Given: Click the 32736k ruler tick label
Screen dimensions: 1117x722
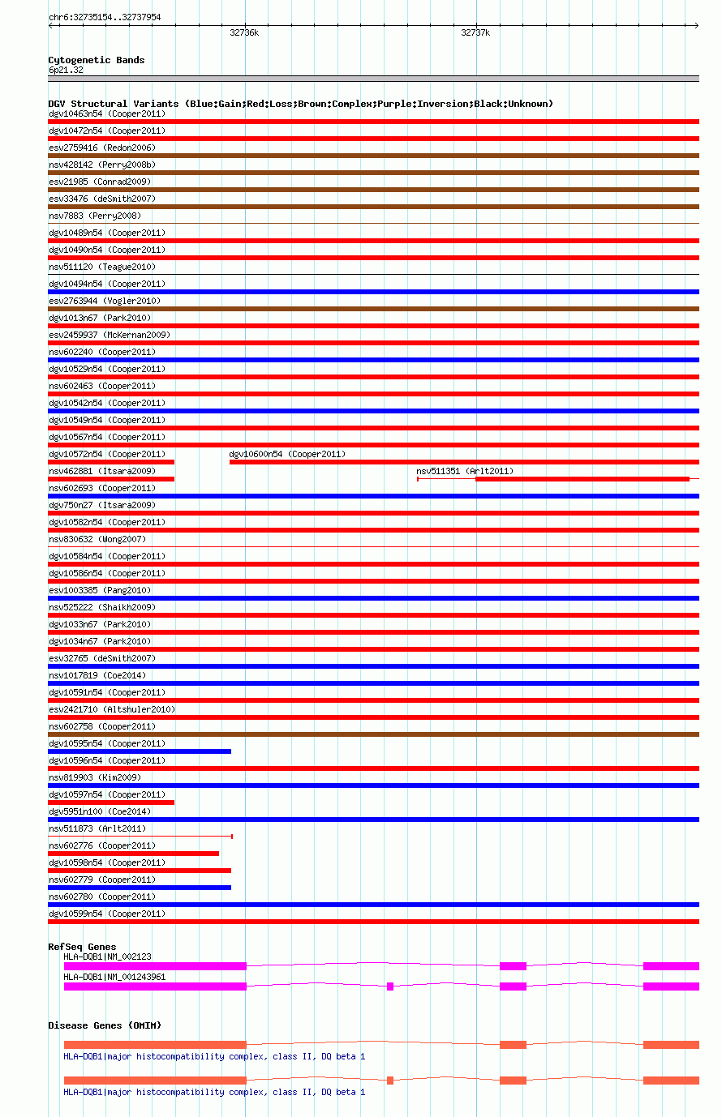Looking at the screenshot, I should (x=244, y=33).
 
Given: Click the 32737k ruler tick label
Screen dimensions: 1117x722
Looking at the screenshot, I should (x=475, y=33).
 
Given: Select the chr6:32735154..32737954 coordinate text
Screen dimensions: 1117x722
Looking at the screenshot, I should (x=105, y=17).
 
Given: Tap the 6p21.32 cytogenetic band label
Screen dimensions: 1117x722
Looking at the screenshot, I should (x=66, y=71).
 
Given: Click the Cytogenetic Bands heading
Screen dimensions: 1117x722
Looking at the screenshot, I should (x=97, y=60).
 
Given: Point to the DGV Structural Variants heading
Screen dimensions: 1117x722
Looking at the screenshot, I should (x=300, y=104).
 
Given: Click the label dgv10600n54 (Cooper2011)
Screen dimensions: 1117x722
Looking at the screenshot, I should (x=287, y=454).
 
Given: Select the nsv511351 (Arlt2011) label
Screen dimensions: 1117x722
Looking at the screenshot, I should (x=465, y=471).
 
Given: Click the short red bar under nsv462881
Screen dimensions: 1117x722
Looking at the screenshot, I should (x=111, y=479).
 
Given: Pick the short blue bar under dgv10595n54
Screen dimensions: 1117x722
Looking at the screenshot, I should (x=140, y=751).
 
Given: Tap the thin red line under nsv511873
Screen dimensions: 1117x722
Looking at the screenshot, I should (x=140, y=836).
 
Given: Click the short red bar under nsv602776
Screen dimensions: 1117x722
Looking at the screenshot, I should (x=133, y=854).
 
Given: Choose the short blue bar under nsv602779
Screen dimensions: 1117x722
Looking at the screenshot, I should (x=140, y=888).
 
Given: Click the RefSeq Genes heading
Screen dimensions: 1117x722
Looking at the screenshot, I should (x=82, y=947).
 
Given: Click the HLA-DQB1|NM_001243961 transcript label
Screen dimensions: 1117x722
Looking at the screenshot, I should (x=114, y=977).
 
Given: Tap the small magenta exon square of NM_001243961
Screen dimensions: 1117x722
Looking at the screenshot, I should (x=390, y=986).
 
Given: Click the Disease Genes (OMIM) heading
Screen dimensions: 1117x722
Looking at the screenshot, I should (x=105, y=1025).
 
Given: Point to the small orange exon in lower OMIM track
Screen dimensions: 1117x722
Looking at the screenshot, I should (x=390, y=1081).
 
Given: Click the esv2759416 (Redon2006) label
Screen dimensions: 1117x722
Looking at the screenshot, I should (x=102, y=148).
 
